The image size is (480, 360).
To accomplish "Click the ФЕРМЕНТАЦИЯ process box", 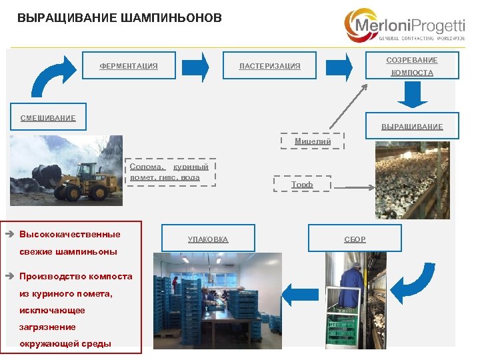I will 129,66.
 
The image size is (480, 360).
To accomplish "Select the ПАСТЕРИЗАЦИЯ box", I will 269,66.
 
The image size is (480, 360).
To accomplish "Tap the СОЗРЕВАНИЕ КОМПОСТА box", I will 411,66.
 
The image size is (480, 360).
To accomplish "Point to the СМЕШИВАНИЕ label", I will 48,118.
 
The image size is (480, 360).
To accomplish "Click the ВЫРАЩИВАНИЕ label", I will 411,127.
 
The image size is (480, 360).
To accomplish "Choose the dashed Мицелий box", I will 313,141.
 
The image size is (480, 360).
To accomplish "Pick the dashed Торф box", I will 302,184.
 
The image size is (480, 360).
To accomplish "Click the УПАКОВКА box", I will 207,239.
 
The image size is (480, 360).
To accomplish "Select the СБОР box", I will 355,239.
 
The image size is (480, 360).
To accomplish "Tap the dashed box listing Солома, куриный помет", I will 169,172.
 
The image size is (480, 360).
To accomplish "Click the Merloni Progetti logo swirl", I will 360,25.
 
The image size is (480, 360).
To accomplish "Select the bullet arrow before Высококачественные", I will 10,235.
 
